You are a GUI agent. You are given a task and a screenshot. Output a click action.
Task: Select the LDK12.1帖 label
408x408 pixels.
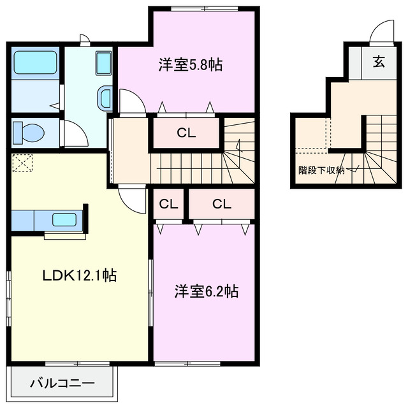[x=79, y=275]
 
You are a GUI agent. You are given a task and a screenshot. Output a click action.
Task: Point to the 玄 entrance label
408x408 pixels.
[x=379, y=62]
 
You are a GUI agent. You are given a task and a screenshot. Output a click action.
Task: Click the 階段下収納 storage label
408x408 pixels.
[x=321, y=170]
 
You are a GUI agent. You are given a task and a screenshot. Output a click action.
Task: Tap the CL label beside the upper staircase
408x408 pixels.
[x=186, y=133]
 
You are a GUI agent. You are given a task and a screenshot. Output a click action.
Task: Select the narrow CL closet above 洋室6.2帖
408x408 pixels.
[x=168, y=204]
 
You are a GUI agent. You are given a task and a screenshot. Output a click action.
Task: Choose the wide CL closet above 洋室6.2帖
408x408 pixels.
[x=221, y=204]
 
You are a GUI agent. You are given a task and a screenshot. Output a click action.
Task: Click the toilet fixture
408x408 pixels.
[x=29, y=133]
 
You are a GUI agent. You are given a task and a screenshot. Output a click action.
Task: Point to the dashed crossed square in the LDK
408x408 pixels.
[x=23, y=163]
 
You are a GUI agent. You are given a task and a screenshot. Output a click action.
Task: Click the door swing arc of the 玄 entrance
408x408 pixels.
[x=381, y=31]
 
